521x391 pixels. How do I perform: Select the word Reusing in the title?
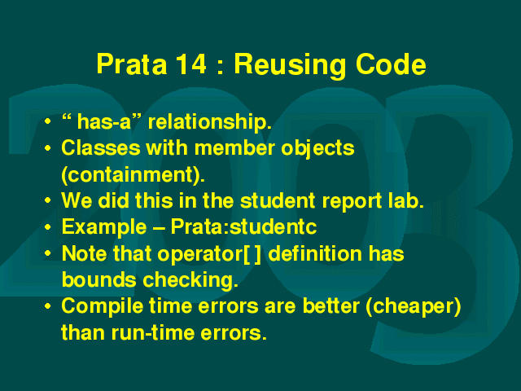pyautogui.click(x=291, y=65)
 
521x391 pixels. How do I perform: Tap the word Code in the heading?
pyautogui.click(x=391, y=64)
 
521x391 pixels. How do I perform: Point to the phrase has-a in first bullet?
pyautogui.click(x=104, y=121)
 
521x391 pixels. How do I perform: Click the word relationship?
pyautogui.click(x=210, y=122)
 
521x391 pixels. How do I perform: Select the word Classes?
pyautogui.click(x=101, y=147)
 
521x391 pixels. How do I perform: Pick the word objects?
pyautogui.click(x=317, y=149)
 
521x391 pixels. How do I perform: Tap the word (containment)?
pyautogui.click(x=134, y=175)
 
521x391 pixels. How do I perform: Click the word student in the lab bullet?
pyautogui.click(x=278, y=201)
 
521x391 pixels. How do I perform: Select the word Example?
pyautogui.click(x=104, y=228)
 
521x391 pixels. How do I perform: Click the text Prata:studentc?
pyautogui.click(x=243, y=227)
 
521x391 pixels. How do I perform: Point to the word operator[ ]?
pyautogui.click(x=209, y=254)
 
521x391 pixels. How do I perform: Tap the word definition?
pyautogui.click(x=315, y=253)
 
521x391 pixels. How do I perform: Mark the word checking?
pyautogui.click(x=190, y=280)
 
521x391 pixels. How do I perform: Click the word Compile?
pyautogui.click(x=103, y=306)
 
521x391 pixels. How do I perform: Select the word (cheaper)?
pyautogui.click(x=414, y=307)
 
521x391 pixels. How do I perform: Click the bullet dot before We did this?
pyautogui.click(x=48, y=200)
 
